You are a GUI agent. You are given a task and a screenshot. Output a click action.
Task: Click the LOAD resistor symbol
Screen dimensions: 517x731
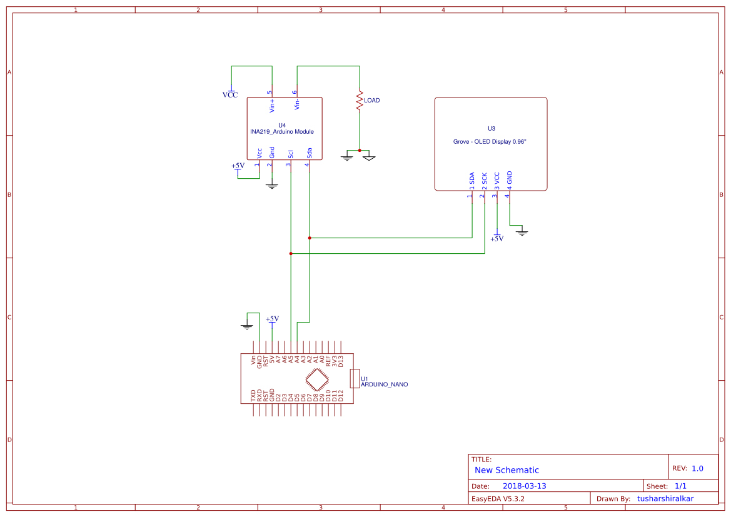pyautogui.click(x=360, y=101)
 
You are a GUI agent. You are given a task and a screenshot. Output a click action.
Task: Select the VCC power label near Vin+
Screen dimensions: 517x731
pyautogui.click(x=230, y=95)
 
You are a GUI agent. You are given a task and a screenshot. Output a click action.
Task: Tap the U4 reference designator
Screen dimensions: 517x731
pyautogui.click(x=281, y=125)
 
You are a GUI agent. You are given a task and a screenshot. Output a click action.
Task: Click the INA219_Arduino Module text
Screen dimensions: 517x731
pyautogui.click(x=281, y=132)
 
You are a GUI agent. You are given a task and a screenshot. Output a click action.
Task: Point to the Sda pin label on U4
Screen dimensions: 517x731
pyautogui.click(x=309, y=153)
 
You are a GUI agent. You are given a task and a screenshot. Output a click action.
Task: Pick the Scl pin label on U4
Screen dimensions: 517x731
pyautogui.click(x=290, y=153)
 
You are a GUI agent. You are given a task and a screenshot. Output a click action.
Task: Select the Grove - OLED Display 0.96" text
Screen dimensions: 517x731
pyautogui.click(x=490, y=142)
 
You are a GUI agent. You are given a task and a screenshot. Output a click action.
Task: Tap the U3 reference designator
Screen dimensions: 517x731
pyautogui.click(x=491, y=128)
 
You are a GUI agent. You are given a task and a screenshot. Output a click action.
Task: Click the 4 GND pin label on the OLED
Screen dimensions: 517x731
pyautogui.click(x=509, y=179)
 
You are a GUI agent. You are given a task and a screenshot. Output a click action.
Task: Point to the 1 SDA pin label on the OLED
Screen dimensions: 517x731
pyautogui.click(x=471, y=181)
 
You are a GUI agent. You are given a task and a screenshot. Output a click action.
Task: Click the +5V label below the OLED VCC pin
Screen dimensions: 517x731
pyautogui.click(x=497, y=239)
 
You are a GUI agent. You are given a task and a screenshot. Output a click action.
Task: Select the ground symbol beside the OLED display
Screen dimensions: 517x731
pyautogui.click(x=523, y=232)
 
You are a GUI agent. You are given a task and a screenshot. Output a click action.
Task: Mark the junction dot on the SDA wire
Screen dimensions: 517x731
pyautogui.click(x=310, y=238)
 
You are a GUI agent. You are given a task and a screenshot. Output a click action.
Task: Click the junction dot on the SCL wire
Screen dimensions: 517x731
pyautogui.click(x=291, y=253)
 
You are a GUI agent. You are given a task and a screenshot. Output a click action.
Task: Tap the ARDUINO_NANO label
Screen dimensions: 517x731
pyautogui.click(x=384, y=384)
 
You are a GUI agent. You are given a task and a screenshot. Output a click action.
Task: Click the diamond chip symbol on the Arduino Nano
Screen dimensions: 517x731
pyautogui.click(x=318, y=379)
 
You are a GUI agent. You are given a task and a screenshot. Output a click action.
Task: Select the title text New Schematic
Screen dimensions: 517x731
pyautogui.click(x=507, y=470)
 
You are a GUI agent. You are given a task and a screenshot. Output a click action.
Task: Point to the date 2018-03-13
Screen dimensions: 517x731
pyautogui.click(x=524, y=486)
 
